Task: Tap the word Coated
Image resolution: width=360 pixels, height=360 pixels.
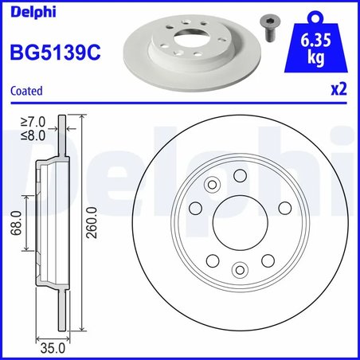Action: click(x=25, y=92)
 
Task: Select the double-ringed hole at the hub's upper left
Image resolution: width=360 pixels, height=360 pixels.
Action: click(x=212, y=186)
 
